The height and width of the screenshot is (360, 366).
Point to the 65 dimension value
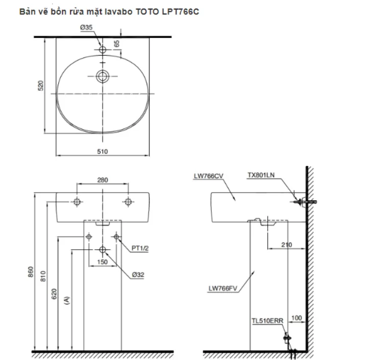pyautogui.click(x=116, y=44)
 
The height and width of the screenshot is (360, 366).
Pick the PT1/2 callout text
pyautogui.click(x=139, y=248)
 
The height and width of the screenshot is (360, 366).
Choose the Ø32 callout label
pyautogui.click(x=138, y=274)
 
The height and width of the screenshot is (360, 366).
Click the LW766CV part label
pyautogui.click(x=209, y=176)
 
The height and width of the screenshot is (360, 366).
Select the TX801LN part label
pyautogui.click(x=261, y=175)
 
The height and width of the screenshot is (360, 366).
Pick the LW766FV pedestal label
pyautogui.click(x=223, y=288)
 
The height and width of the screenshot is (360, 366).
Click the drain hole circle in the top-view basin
pyautogui.click(x=103, y=77)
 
